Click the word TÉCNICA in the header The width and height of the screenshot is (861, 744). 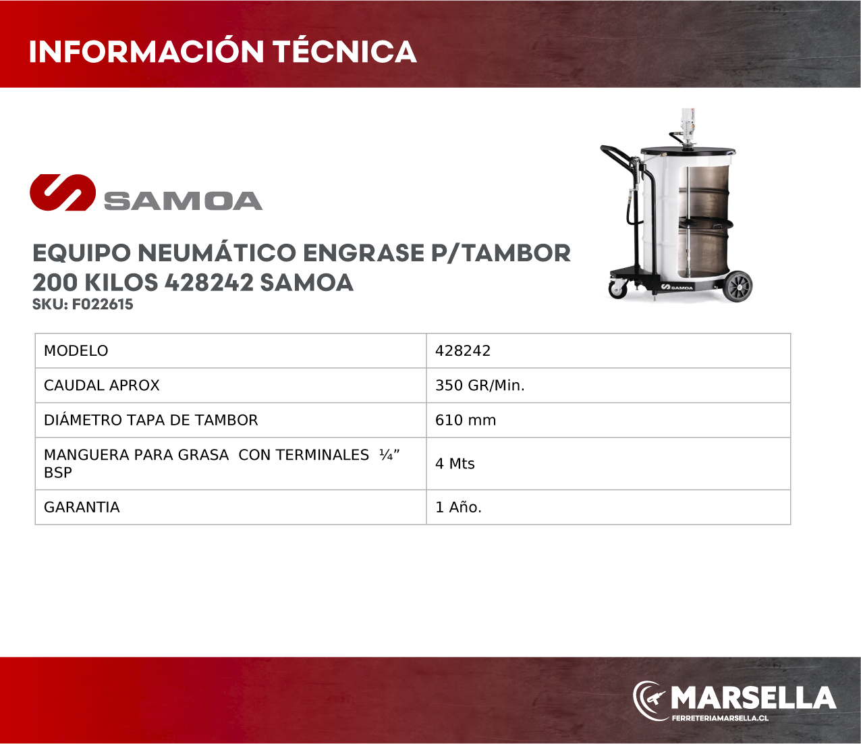[345, 51]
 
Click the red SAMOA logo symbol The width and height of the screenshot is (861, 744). [63, 192]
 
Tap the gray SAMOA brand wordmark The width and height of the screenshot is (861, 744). [183, 201]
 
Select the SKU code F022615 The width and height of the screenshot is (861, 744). [103, 304]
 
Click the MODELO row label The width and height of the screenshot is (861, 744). [76, 350]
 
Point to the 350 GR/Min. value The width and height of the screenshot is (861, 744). [480, 385]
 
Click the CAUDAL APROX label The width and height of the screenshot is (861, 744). [102, 385]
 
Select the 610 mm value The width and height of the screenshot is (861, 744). [466, 420]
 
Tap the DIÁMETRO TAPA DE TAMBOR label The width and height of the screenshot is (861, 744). [150, 420]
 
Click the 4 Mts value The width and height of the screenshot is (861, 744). [455, 464]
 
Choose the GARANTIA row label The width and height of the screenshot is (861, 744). [82, 507]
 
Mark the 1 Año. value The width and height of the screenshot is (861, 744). [458, 507]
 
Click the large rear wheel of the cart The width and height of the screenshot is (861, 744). [738, 286]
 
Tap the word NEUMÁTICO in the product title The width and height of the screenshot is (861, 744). [217, 253]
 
